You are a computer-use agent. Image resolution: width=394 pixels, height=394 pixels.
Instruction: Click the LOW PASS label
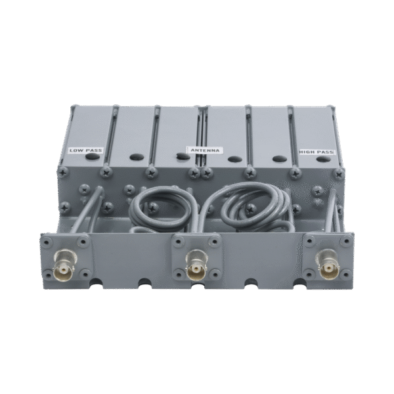point(86,150)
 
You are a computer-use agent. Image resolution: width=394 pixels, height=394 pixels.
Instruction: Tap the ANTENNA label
point(206,150)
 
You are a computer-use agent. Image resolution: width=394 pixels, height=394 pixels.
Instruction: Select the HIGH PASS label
point(317,152)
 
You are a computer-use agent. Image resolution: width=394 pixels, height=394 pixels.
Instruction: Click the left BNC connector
point(64,265)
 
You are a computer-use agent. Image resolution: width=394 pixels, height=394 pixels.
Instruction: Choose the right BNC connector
point(327,264)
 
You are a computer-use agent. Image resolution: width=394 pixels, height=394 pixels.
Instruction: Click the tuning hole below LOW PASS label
point(92,156)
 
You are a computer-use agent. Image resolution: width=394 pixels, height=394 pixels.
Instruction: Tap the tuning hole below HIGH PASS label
point(323,159)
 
